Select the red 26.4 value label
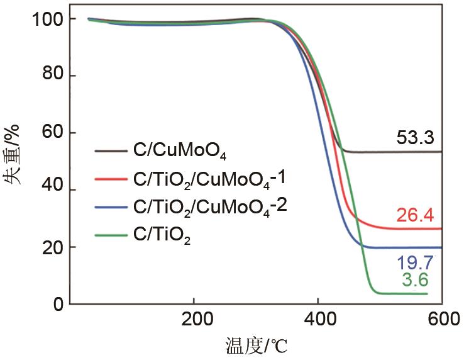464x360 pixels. (415, 216)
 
